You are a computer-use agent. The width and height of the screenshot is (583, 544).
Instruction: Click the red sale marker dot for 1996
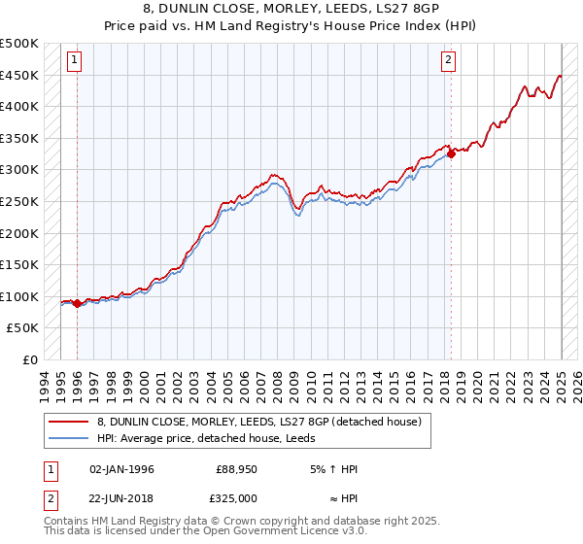click(x=77, y=304)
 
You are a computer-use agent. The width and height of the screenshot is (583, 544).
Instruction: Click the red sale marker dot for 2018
click(x=451, y=153)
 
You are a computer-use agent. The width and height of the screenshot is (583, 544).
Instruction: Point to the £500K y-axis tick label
click(x=19, y=44)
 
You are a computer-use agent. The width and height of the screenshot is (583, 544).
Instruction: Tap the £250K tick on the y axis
click(x=19, y=202)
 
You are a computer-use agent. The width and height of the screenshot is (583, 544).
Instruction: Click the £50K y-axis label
click(x=23, y=328)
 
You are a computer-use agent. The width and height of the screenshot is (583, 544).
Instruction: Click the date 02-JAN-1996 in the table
click(x=121, y=469)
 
